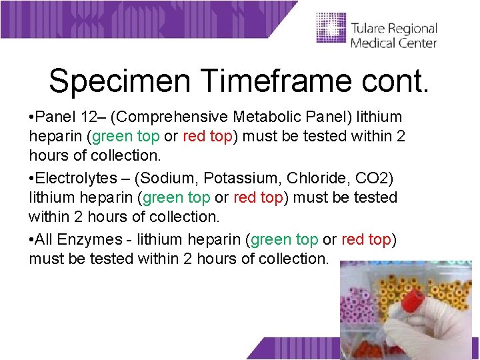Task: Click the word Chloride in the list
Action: (313, 178)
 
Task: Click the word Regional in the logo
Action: (413, 29)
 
